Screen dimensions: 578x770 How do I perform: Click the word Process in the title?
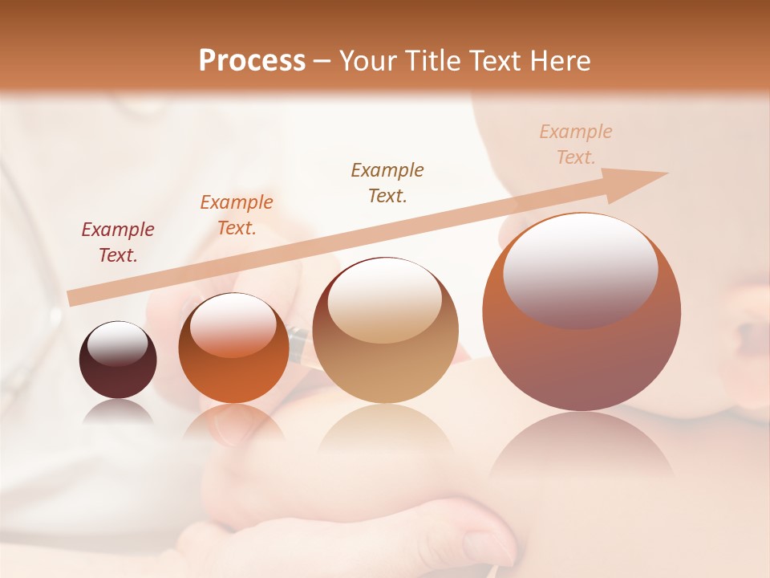pyautogui.click(x=252, y=60)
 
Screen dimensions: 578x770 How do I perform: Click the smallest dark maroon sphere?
pyautogui.click(x=118, y=360)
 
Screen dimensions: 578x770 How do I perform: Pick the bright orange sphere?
pyautogui.click(x=233, y=349)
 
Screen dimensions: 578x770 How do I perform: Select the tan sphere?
pyautogui.click(x=385, y=331)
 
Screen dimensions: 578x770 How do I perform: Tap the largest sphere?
pyautogui.click(x=582, y=312)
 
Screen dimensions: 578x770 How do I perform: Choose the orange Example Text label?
pyautogui.click(x=237, y=215)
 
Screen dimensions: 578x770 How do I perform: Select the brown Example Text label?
pyautogui.click(x=387, y=182)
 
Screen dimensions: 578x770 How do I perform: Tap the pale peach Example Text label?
pyautogui.click(x=576, y=144)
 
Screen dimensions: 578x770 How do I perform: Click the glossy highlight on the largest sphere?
pyautogui.click(x=580, y=271)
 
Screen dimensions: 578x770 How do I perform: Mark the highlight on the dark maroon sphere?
pyautogui.click(x=118, y=344)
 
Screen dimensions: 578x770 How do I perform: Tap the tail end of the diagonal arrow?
pyautogui.click(x=74, y=299)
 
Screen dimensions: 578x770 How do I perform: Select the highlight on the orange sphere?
pyautogui.click(x=233, y=325)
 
